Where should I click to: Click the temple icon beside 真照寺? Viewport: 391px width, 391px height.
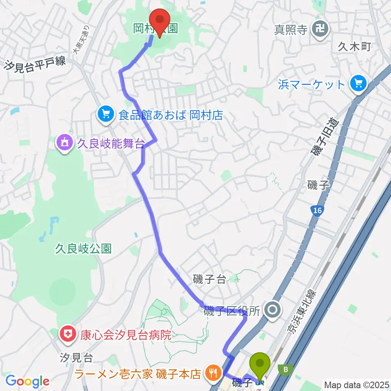(x=318, y=29)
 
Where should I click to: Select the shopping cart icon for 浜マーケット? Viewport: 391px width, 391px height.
(x=358, y=85)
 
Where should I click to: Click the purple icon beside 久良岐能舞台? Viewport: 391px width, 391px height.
(x=65, y=143)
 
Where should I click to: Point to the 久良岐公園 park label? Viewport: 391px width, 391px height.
(x=83, y=249)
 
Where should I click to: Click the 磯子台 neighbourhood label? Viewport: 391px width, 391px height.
(x=209, y=279)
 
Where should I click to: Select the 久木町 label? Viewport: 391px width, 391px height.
(x=354, y=47)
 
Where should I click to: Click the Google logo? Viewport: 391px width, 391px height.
(x=27, y=381)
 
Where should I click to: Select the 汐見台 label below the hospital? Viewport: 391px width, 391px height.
(x=77, y=358)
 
